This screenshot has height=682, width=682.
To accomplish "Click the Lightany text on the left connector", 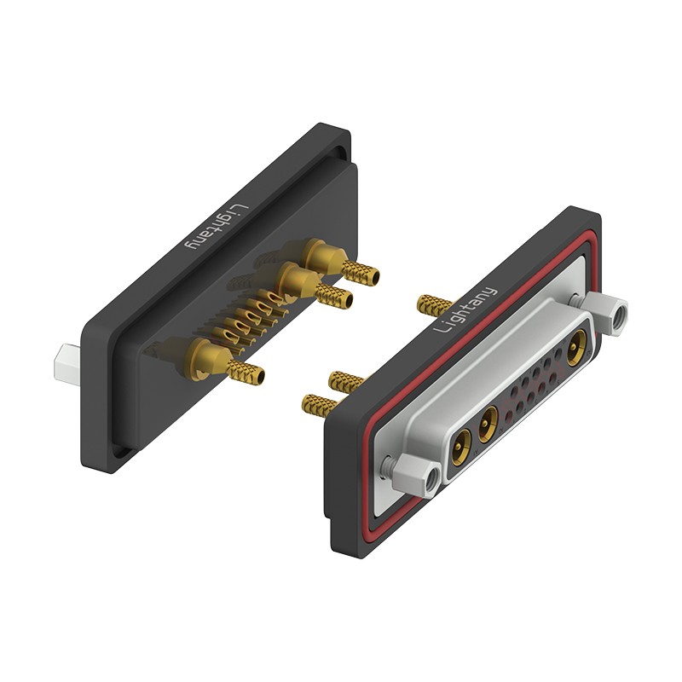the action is (x=217, y=227).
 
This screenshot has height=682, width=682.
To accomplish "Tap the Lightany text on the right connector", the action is (x=465, y=309).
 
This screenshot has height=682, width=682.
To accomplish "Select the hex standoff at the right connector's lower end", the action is (x=416, y=473).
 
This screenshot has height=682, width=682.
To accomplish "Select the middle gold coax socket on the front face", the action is (x=488, y=424).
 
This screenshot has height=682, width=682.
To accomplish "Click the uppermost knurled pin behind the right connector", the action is (x=435, y=304).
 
